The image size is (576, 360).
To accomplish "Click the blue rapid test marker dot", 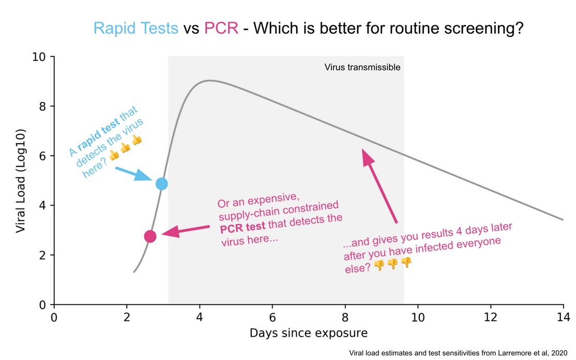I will click(x=161, y=184).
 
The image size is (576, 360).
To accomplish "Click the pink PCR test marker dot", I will click(x=150, y=236).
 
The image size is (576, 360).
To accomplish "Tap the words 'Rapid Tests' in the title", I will click(x=135, y=28).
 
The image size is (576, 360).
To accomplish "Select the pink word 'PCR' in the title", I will click(x=221, y=28).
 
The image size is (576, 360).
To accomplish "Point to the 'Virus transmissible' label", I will click(x=362, y=67).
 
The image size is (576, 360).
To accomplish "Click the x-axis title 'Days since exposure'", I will click(x=309, y=333).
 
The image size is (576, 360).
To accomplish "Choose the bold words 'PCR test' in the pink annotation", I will click(x=241, y=226).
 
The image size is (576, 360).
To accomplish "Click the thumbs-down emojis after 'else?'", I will click(x=392, y=264).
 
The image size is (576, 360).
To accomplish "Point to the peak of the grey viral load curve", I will click(x=209, y=80).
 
